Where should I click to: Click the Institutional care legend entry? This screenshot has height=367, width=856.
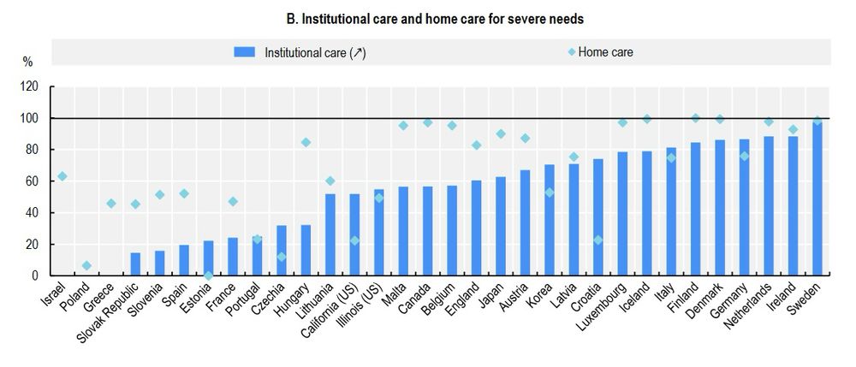click(x=300, y=52)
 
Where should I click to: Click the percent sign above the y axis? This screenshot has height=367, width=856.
click(x=27, y=62)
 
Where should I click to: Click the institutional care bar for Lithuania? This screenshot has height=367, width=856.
click(x=330, y=234)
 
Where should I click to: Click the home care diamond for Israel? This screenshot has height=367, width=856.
click(x=62, y=176)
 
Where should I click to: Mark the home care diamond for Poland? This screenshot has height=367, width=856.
click(x=86, y=266)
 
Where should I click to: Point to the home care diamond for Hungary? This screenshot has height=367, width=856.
click(x=306, y=142)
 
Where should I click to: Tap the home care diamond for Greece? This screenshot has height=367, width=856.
click(x=110, y=204)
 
